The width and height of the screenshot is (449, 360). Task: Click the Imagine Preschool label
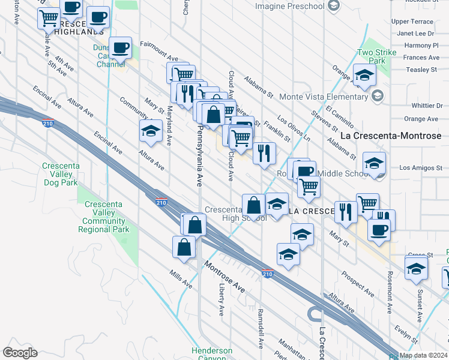[x=289, y=6]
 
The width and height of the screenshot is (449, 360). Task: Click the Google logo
[x=20, y=352]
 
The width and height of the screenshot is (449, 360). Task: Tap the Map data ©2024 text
[x=424, y=355]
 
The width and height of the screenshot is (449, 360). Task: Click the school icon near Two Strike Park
[x=364, y=77]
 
